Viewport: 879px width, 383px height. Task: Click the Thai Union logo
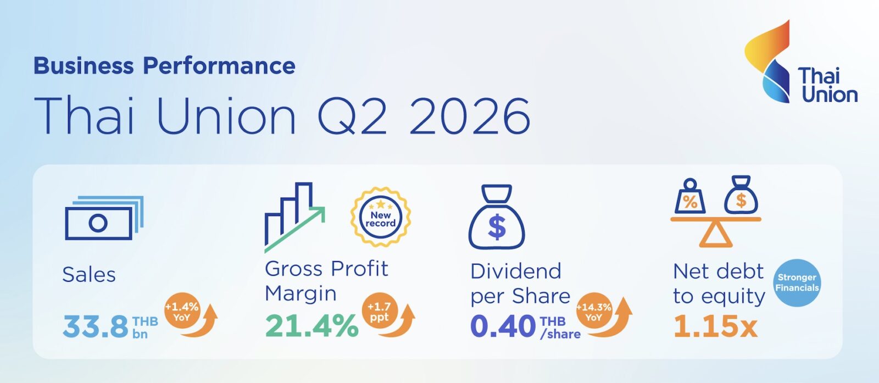click(800, 62)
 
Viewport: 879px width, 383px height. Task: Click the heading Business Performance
click(164, 65)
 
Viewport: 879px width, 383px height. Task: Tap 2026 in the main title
click(470, 116)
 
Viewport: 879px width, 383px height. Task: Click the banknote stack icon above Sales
click(104, 218)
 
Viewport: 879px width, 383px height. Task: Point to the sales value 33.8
click(96, 326)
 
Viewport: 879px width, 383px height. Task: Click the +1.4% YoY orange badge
click(182, 311)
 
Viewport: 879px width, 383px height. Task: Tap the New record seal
click(380, 217)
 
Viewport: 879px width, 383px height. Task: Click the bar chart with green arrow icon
click(294, 217)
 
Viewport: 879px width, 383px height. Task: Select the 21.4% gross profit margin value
click(312, 326)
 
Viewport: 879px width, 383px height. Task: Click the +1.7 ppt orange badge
click(380, 311)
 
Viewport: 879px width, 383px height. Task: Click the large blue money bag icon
click(497, 217)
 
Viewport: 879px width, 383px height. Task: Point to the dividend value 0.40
click(503, 326)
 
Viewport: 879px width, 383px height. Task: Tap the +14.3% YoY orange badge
click(594, 311)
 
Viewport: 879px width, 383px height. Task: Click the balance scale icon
click(716, 211)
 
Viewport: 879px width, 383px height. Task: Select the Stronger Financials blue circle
click(797, 282)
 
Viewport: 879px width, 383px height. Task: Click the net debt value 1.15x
click(715, 326)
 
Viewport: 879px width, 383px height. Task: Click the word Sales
click(89, 274)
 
